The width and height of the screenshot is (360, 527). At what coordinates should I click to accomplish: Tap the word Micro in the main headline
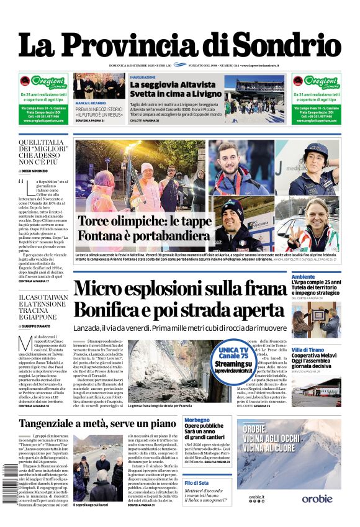point(115,289)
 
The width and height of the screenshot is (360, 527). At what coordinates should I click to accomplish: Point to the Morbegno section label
point(197,420)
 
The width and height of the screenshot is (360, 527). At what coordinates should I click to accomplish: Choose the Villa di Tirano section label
point(308,350)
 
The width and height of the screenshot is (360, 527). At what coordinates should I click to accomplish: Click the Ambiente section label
point(304,276)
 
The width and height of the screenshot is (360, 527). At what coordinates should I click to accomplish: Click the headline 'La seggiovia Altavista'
point(168,84)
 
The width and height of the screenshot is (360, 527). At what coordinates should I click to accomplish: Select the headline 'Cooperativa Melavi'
point(315,358)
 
